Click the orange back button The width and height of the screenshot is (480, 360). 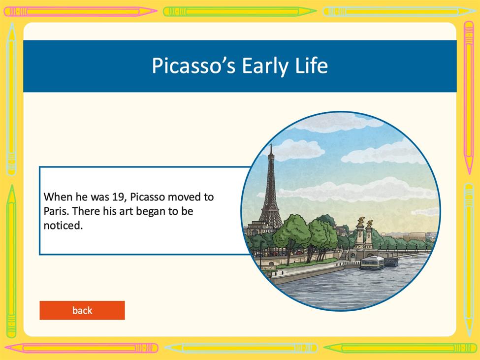pyautogui.click(x=82, y=310)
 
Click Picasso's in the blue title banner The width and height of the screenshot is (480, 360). pyautogui.click(x=193, y=65)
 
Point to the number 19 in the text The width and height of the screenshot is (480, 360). pyautogui.click(x=118, y=197)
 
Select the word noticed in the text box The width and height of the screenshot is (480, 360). pyautogui.click(x=63, y=226)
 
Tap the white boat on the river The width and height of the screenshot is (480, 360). pyautogui.click(x=373, y=262)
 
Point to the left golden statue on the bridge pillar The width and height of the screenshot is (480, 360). pyautogui.click(x=361, y=221)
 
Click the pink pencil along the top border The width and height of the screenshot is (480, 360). pyautogui.click(x=80, y=12)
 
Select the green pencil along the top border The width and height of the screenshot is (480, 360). pyautogui.click(x=240, y=12)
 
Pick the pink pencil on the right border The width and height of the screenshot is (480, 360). pyautogui.click(x=469, y=98)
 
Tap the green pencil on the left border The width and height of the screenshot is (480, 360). pyautogui.click(x=11, y=261)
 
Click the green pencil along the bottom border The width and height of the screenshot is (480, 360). pyautogui.click(x=400, y=348)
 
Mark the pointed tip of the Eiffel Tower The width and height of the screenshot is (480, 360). pyautogui.click(x=271, y=144)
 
